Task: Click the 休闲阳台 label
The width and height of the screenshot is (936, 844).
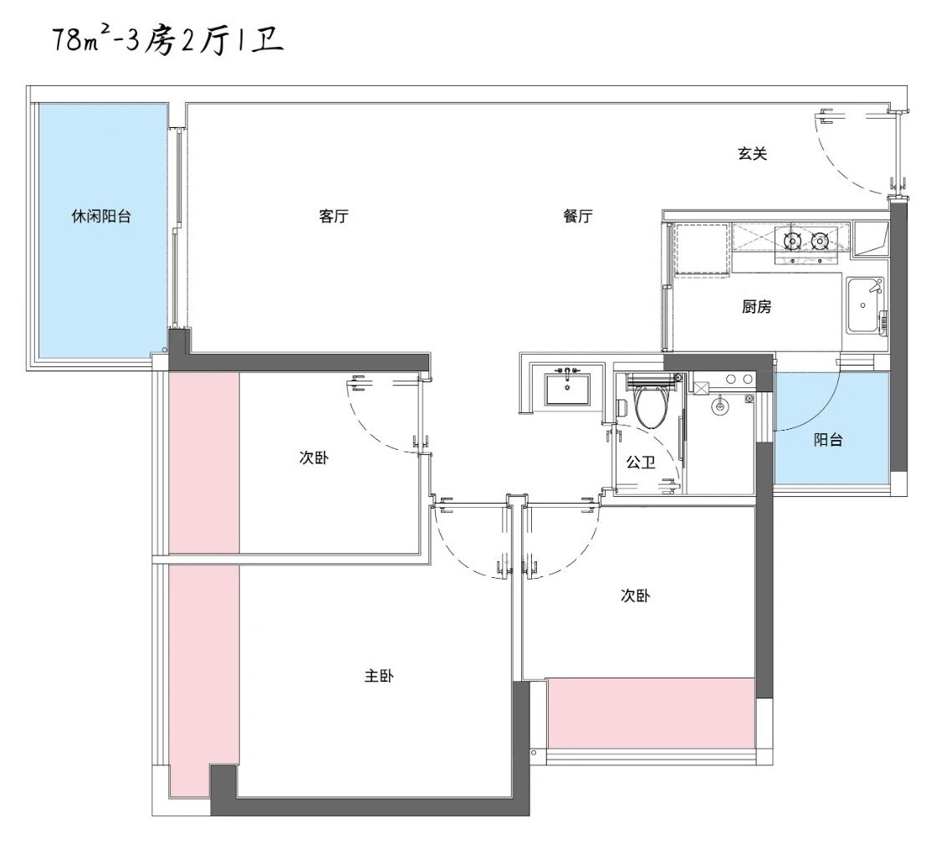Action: pos(100,216)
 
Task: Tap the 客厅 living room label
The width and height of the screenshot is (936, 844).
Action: pos(334,216)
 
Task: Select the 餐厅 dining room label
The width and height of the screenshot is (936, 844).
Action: pos(578,216)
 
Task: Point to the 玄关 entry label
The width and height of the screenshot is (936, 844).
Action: pos(752,154)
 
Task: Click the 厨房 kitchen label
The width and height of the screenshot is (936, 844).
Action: pos(756,307)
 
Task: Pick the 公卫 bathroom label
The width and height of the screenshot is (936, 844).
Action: pos(641,463)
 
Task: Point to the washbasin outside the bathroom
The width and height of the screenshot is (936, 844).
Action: pos(567,389)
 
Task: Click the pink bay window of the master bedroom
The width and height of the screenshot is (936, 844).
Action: pos(204,577)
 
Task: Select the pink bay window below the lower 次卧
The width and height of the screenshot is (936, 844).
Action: pos(651,713)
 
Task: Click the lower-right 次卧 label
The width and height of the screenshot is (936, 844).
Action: pos(636,596)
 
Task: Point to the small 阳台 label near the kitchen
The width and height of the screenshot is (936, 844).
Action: pos(828,440)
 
